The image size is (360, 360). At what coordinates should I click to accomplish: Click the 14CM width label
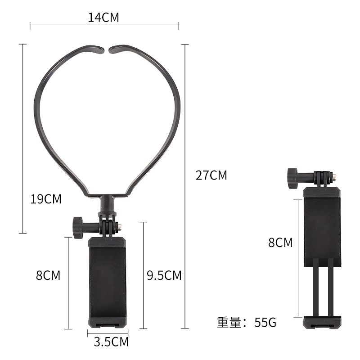click(x=103, y=18)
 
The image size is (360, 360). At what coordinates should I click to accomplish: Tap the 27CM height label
click(x=211, y=175)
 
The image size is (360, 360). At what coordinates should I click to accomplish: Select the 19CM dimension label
click(x=46, y=199)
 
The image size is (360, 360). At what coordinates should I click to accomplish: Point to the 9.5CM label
click(x=164, y=275)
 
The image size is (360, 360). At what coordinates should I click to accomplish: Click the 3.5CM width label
click(x=111, y=342)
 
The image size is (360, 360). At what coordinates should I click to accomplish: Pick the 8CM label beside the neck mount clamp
click(x=48, y=275)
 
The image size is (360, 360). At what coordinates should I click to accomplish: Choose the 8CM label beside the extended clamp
click(x=280, y=243)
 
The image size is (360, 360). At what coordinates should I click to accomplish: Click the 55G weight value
click(x=265, y=322)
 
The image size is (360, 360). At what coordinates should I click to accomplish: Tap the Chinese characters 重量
click(x=229, y=322)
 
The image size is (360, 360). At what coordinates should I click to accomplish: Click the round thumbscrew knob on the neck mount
click(x=78, y=228)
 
